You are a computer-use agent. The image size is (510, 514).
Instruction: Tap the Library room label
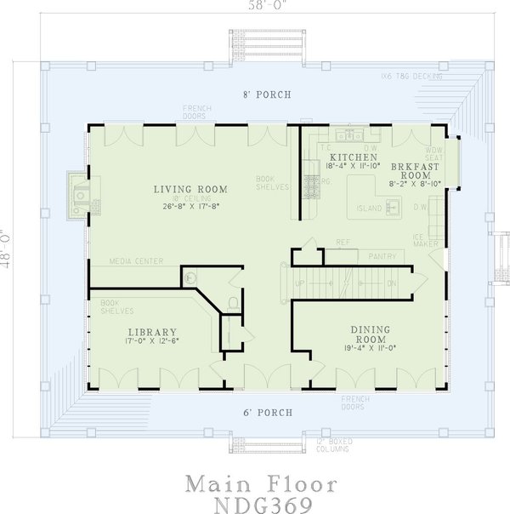[x=152, y=332]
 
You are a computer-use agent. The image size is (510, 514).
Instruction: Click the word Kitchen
[x=354, y=158]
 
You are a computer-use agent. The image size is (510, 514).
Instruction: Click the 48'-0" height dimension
[x=7, y=248]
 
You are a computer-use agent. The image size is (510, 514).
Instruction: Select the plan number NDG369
[x=262, y=504]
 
